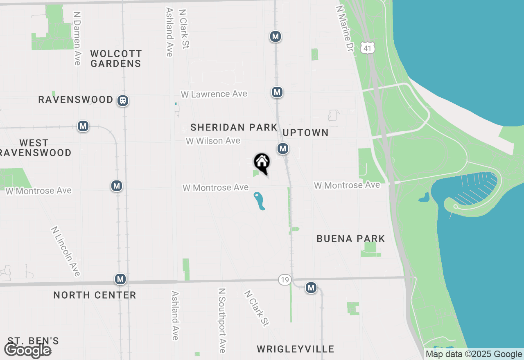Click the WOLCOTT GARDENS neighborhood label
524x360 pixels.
116,59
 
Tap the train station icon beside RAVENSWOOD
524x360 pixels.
122,101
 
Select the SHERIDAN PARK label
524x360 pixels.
234,127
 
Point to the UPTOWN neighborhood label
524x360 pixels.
305,133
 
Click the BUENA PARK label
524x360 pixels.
351,239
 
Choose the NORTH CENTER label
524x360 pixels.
95,295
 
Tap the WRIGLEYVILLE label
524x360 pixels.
295,349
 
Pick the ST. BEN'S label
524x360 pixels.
33,341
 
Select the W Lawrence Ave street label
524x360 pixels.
214,94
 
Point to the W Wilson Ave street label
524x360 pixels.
213,141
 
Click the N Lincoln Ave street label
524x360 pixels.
66,251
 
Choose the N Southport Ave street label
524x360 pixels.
222,320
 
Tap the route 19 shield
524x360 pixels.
285,280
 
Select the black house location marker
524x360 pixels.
262,163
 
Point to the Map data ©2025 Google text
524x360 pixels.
474,354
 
